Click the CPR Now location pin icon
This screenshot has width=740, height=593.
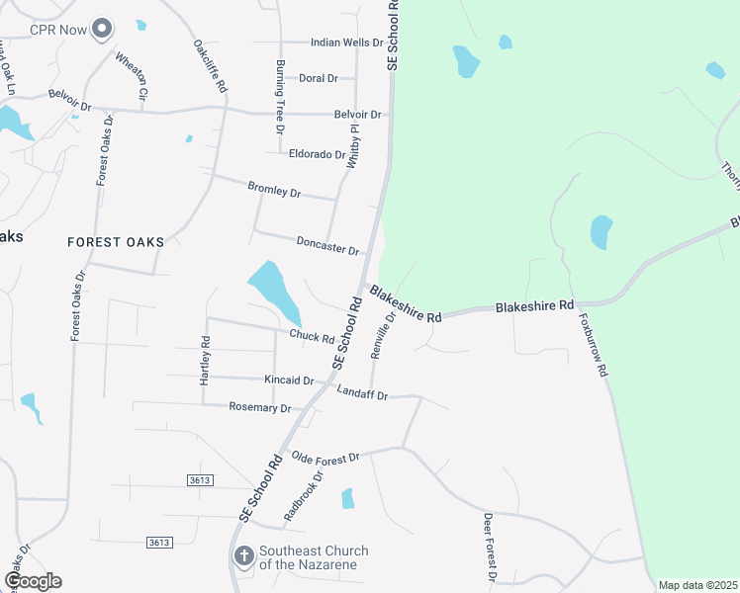click(101, 30)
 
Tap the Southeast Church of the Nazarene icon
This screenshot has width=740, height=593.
click(243, 557)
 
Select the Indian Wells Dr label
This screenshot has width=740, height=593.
click(346, 42)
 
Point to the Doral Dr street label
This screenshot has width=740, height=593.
click(318, 78)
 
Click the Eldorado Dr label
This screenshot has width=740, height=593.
click(317, 154)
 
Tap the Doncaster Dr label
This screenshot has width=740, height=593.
click(326, 242)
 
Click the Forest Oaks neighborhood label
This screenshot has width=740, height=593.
click(115, 241)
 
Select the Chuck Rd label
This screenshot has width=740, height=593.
click(312, 336)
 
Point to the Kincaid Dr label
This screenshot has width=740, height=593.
click(289, 381)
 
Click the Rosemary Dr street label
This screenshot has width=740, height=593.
click(260, 407)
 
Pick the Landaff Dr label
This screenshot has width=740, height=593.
click(362, 394)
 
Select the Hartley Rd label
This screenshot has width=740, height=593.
click(206, 362)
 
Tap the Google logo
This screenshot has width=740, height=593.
click(33, 581)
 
